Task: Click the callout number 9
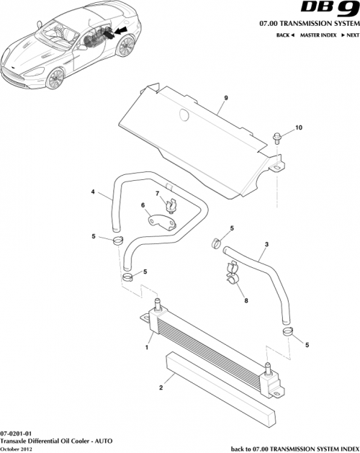(225, 98)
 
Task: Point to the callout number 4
(92, 192)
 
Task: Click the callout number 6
(143, 206)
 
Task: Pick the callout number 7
(157, 194)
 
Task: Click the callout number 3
(266, 245)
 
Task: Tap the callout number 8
(246, 302)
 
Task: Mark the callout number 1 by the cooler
(147, 348)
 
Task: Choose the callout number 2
(161, 387)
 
